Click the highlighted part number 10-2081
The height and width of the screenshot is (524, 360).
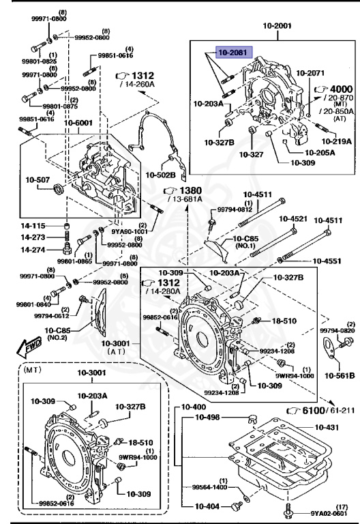click(234, 52)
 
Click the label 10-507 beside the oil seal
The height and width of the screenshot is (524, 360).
click(38, 180)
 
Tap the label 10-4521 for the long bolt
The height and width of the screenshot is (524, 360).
click(294, 219)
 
